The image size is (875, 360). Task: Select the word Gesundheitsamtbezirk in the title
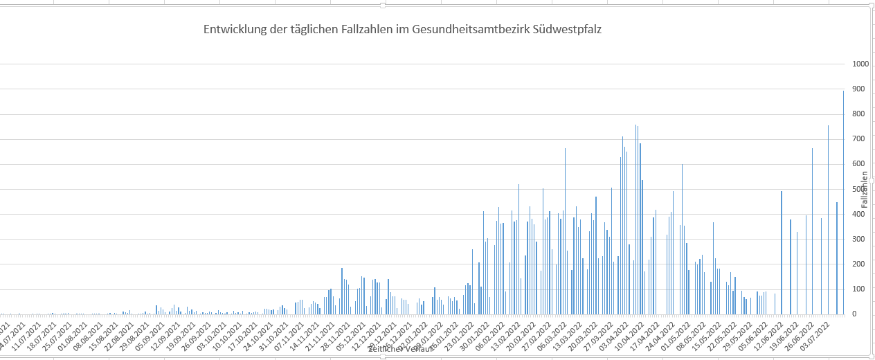click(x=470, y=30)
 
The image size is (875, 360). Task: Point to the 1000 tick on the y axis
click(x=860, y=64)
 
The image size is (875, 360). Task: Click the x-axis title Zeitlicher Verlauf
click(x=402, y=349)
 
